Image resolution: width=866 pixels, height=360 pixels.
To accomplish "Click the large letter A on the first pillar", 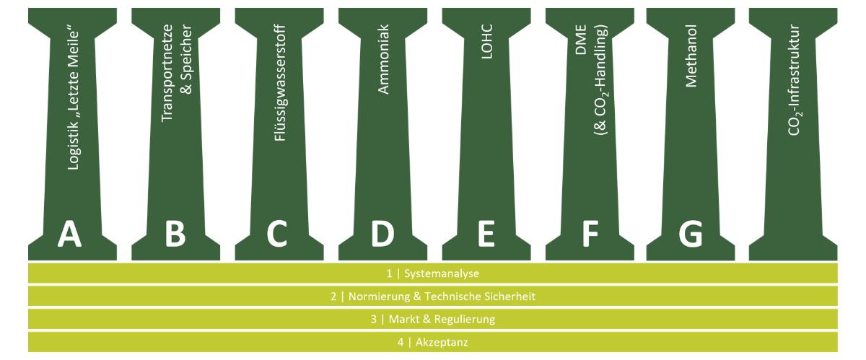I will click(x=69, y=234).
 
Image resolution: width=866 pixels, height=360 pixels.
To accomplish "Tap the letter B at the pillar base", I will click(x=175, y=234).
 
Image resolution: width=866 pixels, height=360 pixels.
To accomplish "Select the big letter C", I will click(x=277, y=234).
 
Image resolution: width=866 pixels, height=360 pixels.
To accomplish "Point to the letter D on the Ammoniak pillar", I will click(x=382, y=234).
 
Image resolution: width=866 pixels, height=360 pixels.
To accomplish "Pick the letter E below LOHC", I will click(x=485, y=234).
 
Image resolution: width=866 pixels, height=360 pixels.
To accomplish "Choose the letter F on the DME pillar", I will click(x=590, y=234).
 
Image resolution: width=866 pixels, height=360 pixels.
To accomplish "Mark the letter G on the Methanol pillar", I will click(x=691, y=234).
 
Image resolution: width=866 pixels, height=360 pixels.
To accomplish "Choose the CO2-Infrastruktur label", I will click(x=794, y=79).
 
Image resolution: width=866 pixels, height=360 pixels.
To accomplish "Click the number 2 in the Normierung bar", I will click(x=333, y=297).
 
